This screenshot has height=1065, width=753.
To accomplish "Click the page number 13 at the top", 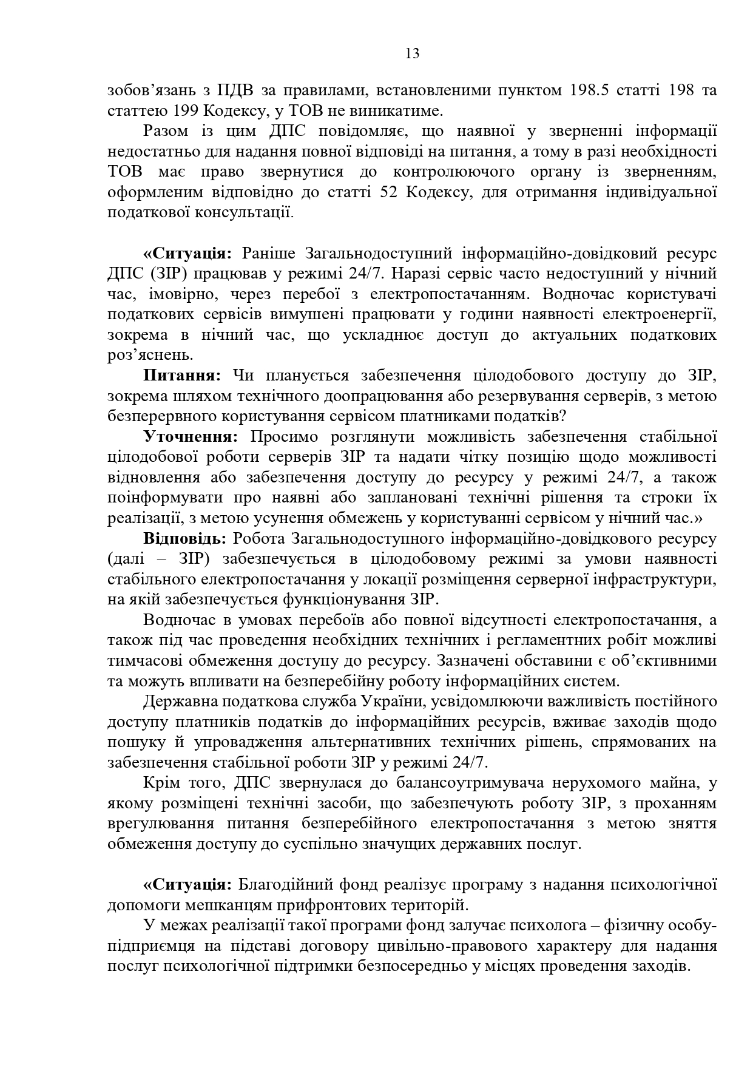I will tap(412, 54).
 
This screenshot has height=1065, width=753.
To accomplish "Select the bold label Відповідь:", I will tap(185, 538).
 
